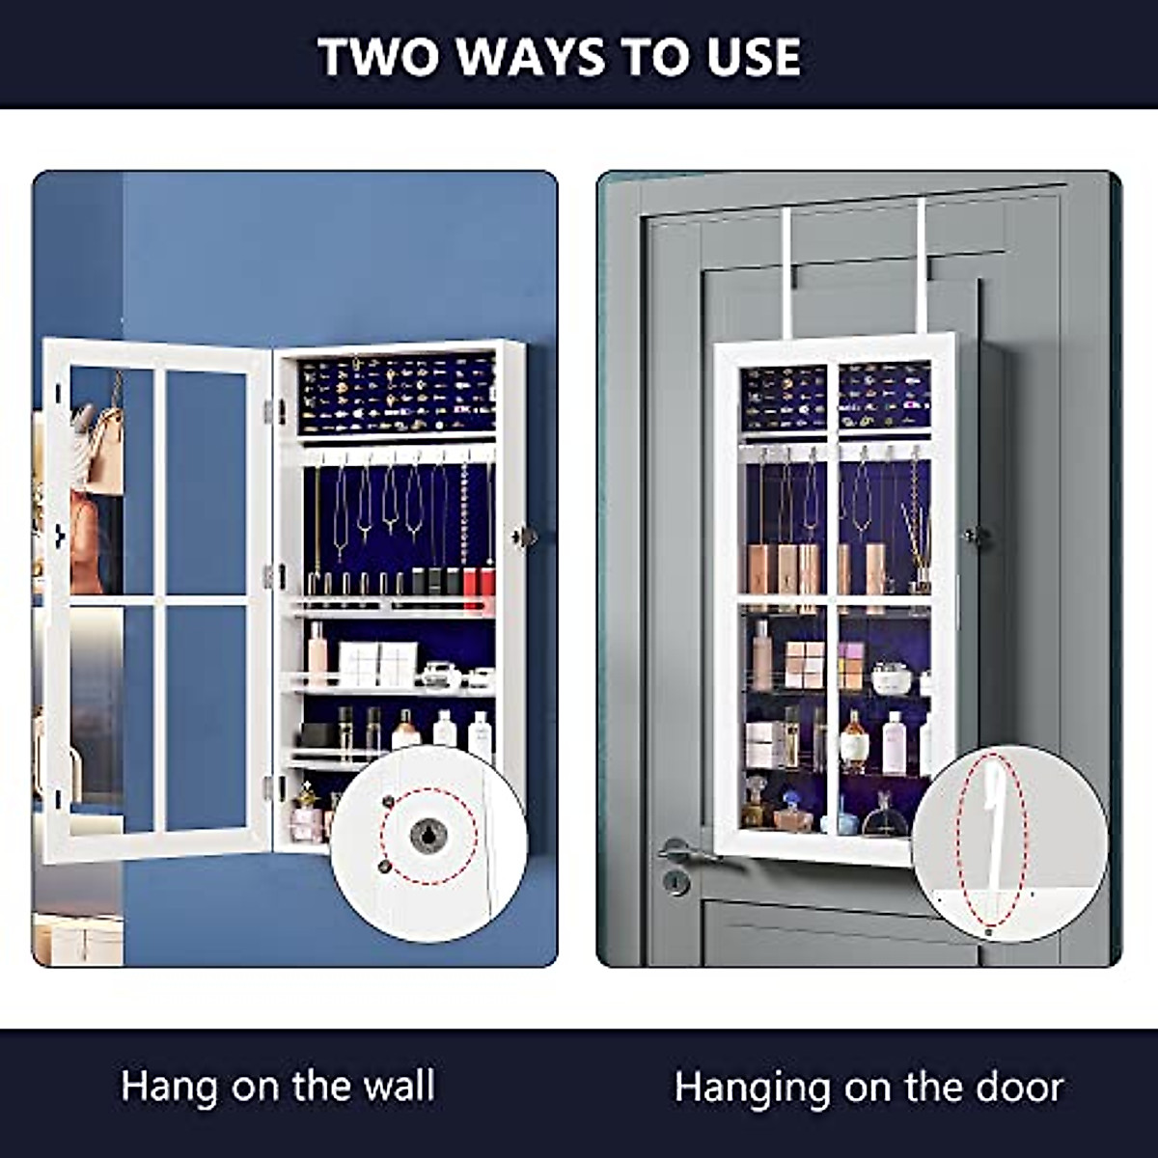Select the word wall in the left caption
[x=393, y=1087]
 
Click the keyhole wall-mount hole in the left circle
[x=428, y=836]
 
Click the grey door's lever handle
[x=685, y=849]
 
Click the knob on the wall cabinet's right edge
[x=524, y=537]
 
